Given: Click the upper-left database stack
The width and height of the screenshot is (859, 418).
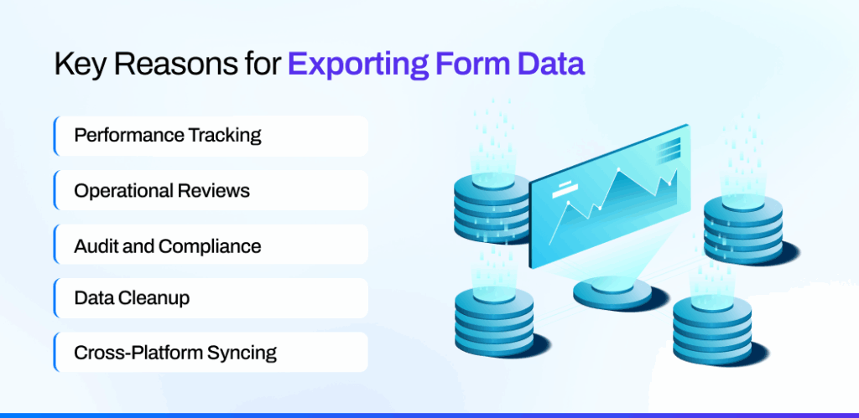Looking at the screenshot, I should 491,205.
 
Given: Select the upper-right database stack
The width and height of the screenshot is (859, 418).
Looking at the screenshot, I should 743,226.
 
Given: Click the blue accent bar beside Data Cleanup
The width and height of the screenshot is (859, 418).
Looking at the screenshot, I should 55,298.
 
